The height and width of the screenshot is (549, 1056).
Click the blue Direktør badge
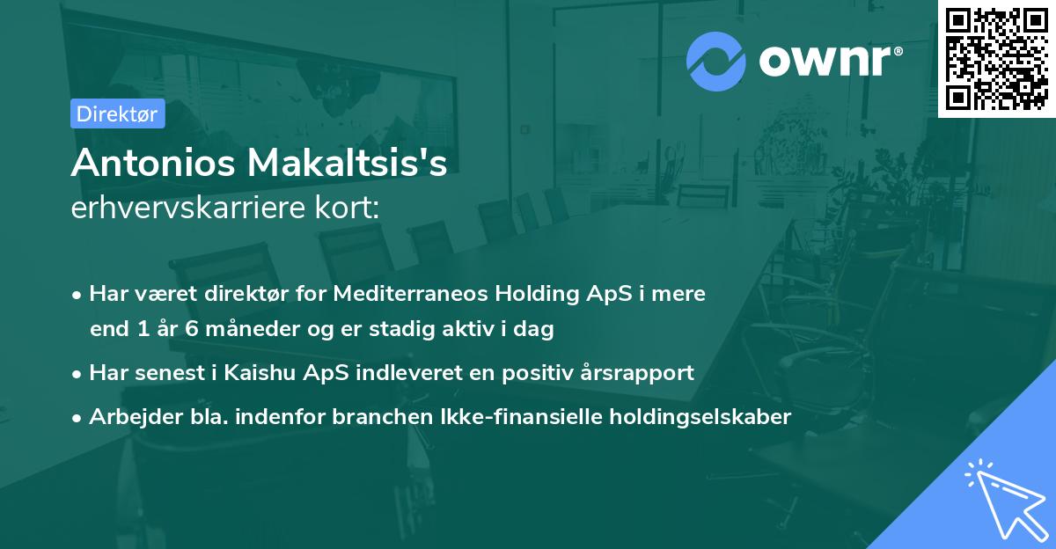point(117,113)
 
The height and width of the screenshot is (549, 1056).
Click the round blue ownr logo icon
point(716,62)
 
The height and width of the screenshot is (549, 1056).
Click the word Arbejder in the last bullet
point(127,416)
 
